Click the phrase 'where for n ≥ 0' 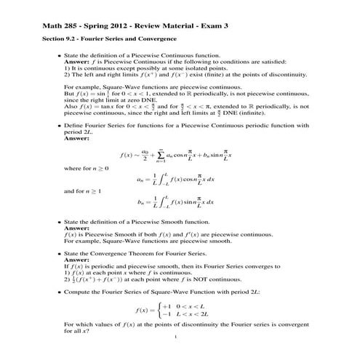point(84,168)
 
